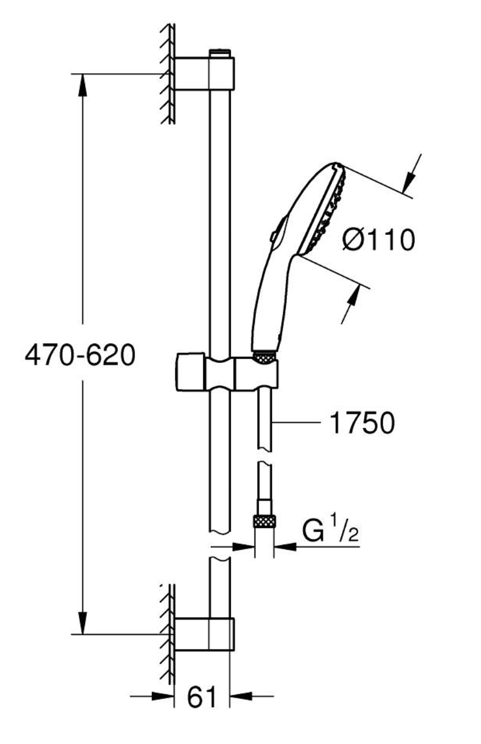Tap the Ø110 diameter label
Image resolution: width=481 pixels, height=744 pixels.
click(x=379, y=240)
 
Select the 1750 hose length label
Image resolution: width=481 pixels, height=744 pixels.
click(x=362, y=423)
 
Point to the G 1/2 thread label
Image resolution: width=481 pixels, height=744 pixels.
click(x=331, y=532)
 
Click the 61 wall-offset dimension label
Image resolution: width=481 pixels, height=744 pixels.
click(x=202, y=698)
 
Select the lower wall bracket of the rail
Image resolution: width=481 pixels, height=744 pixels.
click(x=204, y=634)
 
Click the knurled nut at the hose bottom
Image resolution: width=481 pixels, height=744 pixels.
click(x=264, y=521)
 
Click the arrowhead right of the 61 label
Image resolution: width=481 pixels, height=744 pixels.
click(x=239, y=696)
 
